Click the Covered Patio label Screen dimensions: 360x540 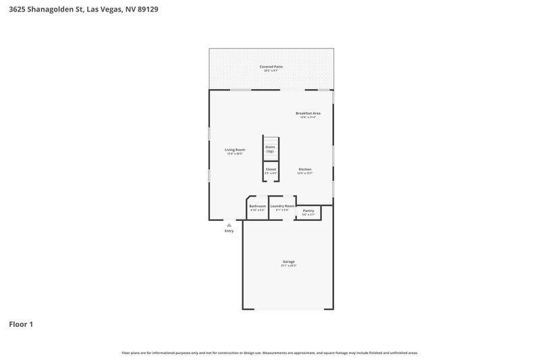[271, 66]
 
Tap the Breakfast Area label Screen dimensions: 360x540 [307, 113]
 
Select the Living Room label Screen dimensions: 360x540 [234, 149]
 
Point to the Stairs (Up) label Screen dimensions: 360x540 [270, 149]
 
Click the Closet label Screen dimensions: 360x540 [270, 169]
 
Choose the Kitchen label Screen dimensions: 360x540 [304, 169]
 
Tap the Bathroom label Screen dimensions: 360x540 [257, 206]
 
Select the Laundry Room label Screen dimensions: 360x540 [282, 206]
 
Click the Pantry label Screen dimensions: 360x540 [308, 211]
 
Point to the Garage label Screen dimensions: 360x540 [288, 261]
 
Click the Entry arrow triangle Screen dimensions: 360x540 [229, 224]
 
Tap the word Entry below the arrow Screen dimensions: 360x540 [229, 231]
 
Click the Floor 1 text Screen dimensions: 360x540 [20, 324]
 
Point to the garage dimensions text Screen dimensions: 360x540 [288, 266]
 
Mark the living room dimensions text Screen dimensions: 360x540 [234, 154]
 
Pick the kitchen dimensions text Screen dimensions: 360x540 [304, 174]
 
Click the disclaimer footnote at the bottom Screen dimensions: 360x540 [270, 353]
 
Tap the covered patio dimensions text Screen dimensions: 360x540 [271, 71]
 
